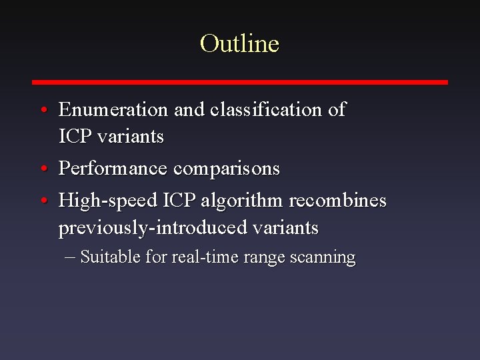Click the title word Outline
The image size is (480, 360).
(239, 44)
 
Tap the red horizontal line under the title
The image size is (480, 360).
(240, 82)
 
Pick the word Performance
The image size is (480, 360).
(113, 169)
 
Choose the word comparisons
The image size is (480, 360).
(227, 169)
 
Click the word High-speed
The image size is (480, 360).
(107, 201)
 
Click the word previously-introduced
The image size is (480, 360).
(153, 228)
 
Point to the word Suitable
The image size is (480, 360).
(108, 257)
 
